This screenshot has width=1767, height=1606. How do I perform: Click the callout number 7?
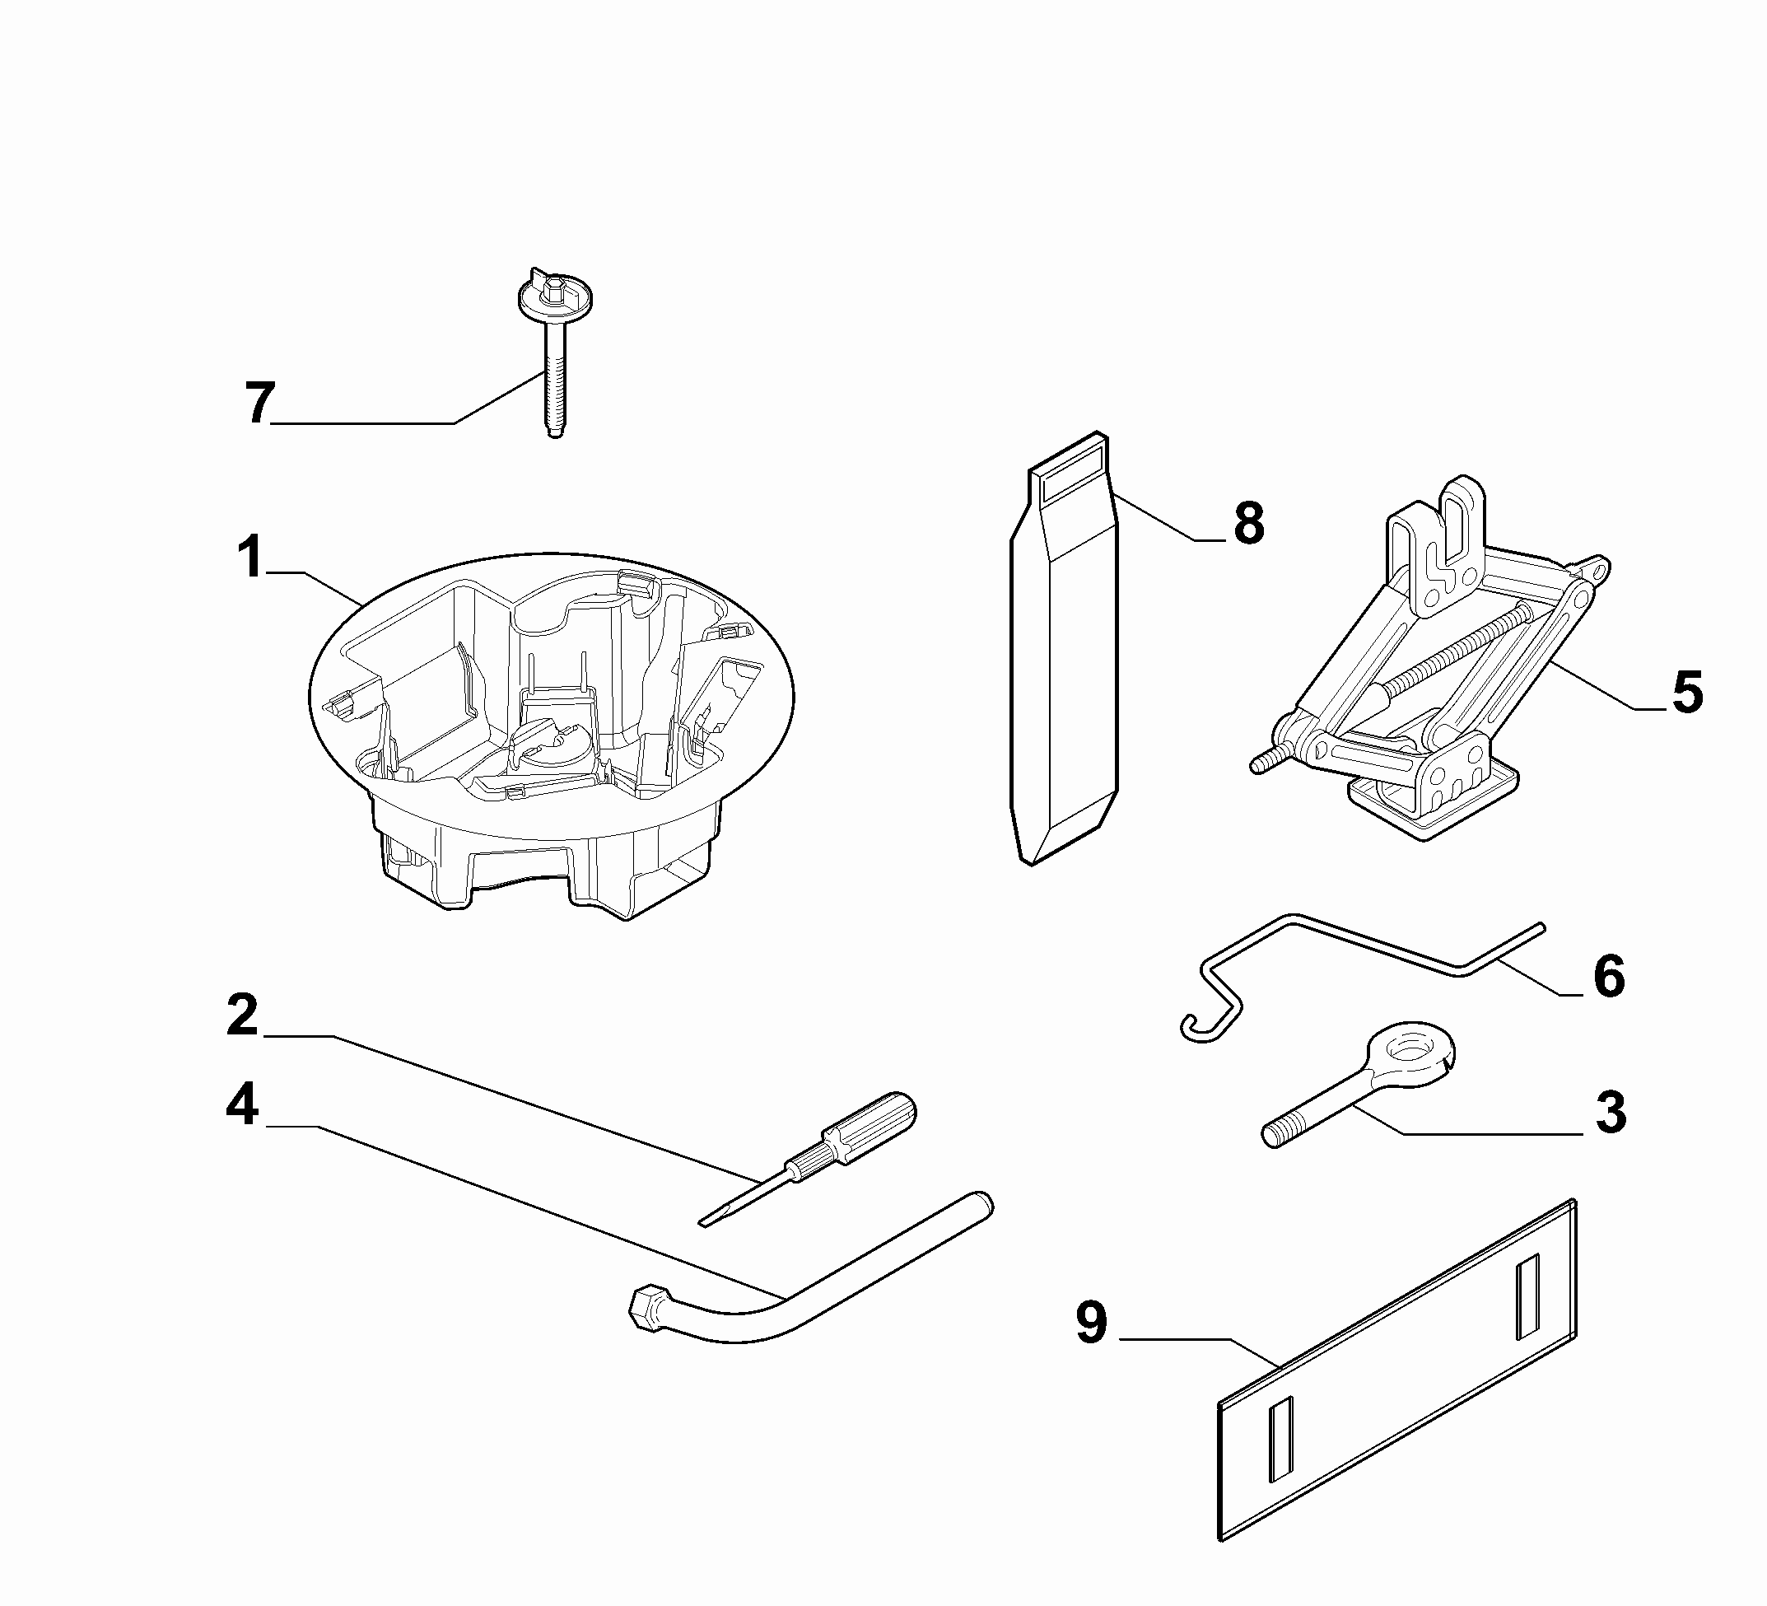[259, 404]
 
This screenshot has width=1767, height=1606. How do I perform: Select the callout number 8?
[1248, 523]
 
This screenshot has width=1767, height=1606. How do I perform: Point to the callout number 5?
[1687, 693]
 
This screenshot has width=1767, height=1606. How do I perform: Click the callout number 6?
[1609, 977]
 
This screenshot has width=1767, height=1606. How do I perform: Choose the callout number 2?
[243, 1015]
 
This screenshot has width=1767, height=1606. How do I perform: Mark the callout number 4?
[243, 1104]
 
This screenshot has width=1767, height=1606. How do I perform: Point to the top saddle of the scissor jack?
[1438, 535]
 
